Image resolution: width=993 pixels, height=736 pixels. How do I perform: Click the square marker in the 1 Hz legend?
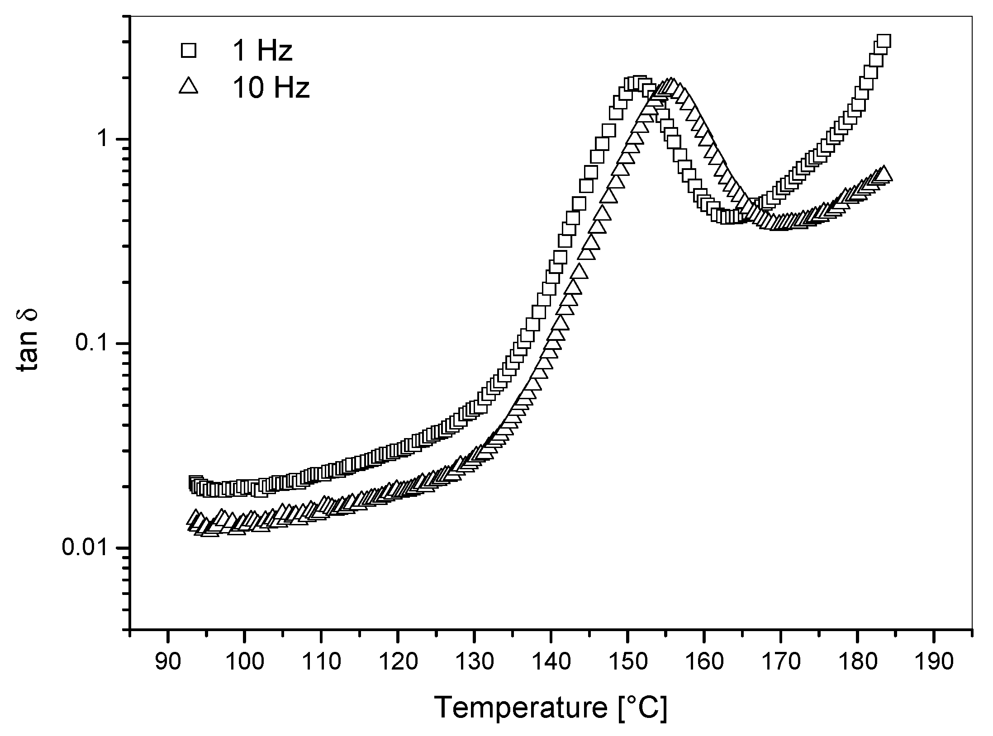click(x=188, y=50)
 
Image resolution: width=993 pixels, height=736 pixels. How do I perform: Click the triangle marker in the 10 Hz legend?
click(x=188, y=85)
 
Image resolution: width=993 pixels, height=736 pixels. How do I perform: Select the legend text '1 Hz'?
click(x=262, y=51)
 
